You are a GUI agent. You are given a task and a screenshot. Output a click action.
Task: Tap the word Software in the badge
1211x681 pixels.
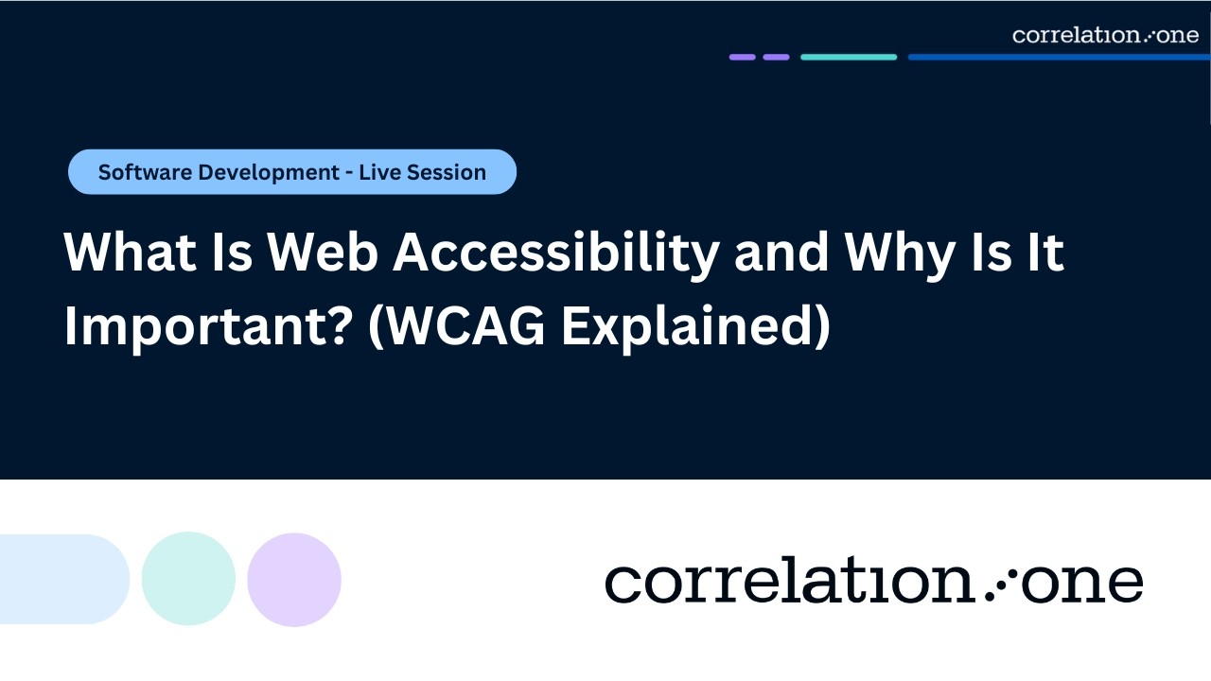143,172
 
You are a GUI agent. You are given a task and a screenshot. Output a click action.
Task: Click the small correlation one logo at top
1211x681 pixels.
1105,35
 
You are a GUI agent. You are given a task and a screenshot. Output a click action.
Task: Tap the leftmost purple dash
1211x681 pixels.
742,57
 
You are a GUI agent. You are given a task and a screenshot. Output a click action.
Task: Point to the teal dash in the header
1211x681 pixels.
849,57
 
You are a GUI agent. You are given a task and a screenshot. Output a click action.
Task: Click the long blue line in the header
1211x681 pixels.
1058,57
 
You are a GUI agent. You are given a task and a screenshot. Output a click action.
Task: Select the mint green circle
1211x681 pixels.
188,579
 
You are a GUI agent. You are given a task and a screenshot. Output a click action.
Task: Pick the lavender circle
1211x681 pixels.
294,579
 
